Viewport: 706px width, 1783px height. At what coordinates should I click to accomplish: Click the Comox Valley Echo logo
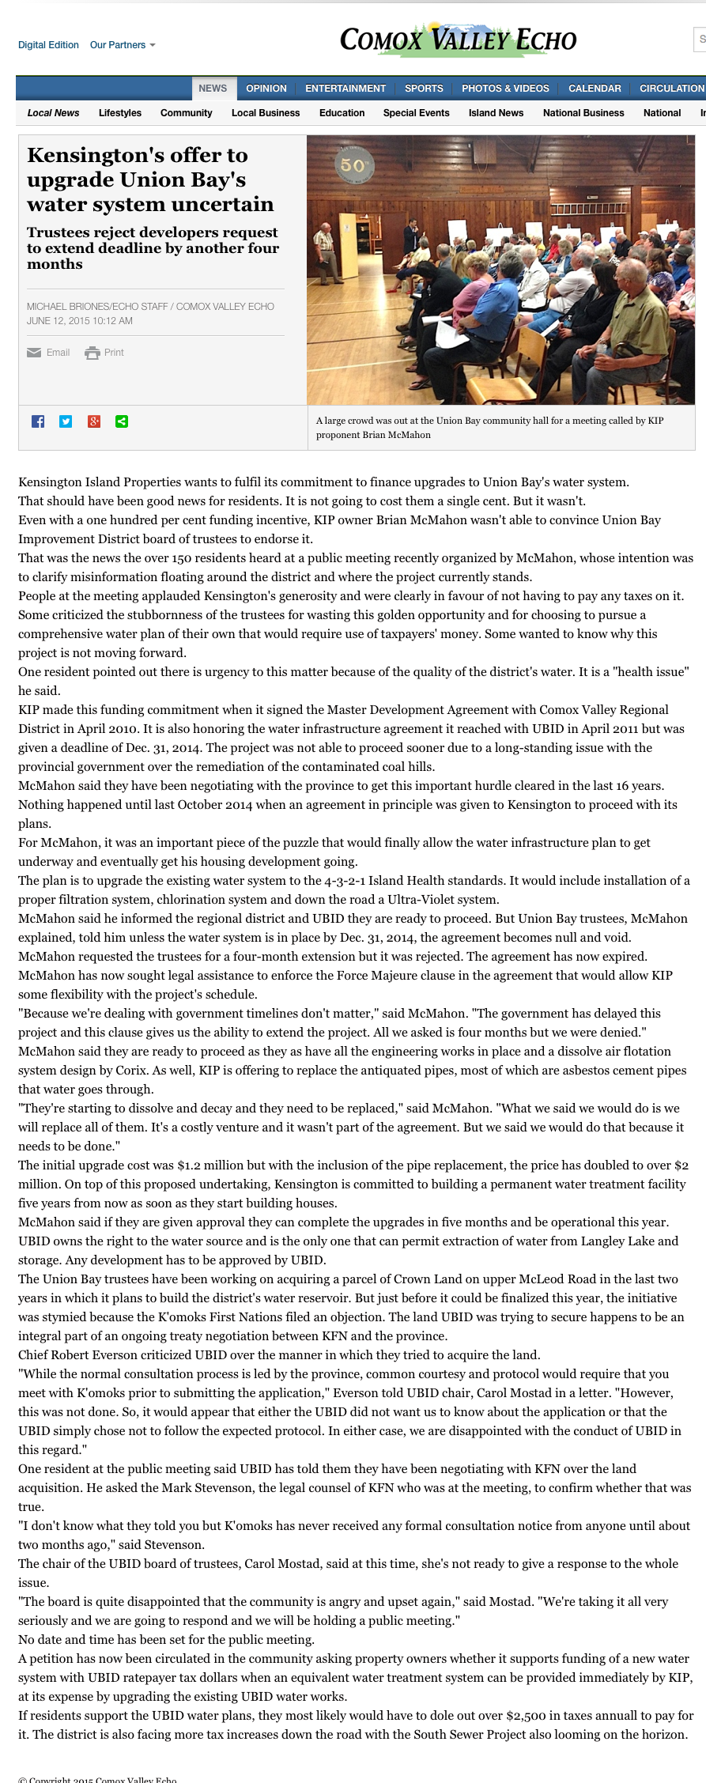[x=458, y=40]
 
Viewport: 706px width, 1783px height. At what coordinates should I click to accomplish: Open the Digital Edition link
[x=48, y=45]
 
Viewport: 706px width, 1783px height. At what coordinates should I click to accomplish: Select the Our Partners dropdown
[x=123, y=45]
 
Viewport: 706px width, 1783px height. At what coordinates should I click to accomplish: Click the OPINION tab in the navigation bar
[x=266, y=89]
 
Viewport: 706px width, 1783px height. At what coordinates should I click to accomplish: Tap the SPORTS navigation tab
[x=424, y=89]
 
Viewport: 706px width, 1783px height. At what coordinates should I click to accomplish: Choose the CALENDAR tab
[x=595, y=89]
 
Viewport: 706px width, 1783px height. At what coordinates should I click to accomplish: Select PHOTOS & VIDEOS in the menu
[x=505, y=89]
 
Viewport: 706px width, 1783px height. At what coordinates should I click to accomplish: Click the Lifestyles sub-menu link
[x=120, y=113]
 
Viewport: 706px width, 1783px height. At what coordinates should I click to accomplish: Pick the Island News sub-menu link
[x=496, y=113]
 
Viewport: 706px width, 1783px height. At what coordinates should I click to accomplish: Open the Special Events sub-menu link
[x=416, y=113]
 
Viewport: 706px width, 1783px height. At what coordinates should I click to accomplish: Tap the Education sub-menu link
[x=342, y=113]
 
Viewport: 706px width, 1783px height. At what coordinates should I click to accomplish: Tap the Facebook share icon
[x=38, y=421]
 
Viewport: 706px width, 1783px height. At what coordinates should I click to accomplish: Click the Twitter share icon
[x=66, y=421]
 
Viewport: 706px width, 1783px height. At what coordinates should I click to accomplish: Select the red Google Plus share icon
[x=94, y=421]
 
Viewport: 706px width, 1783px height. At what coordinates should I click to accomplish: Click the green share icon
[x=122, y=421]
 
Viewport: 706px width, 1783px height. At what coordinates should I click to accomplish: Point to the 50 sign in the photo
[x=353, y=165]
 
